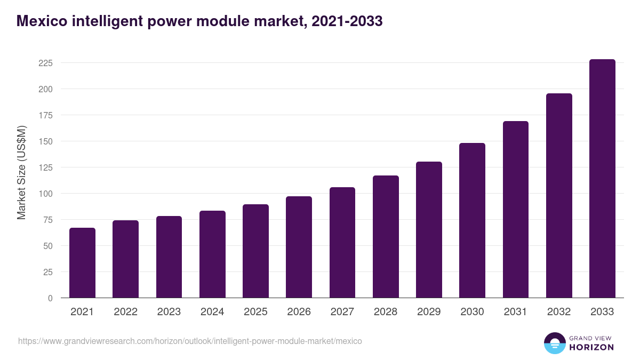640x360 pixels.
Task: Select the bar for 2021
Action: [x=82, y=263]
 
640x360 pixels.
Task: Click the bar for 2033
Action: [x=602, y=179]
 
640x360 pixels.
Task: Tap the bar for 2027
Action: [x=342, y=243]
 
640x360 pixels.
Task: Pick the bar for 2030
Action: [x=472, y=220]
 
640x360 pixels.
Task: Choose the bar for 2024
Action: [x=212, y=254]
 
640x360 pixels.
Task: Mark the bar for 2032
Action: [x=559, y=196]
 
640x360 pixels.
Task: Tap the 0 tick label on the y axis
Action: [x=50, y=298]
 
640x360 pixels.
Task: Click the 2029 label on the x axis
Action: [x=429, y=312]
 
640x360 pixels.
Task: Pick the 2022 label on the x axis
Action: [x=125, y=312]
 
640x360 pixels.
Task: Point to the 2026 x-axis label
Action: [x=299, y=312]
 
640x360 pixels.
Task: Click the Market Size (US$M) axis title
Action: [x=21, y=173]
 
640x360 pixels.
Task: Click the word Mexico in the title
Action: [x=39, y=21]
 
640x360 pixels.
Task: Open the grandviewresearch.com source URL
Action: [x=190, y=341]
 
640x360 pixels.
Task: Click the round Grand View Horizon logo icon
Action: [x=555, y=343]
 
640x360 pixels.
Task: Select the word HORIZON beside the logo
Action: [x=591, y=347]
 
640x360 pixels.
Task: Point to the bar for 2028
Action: [x=386, y=237]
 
